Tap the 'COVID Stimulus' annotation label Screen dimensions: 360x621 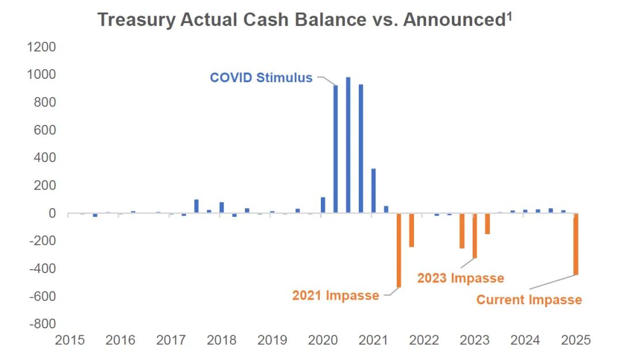point(261,78)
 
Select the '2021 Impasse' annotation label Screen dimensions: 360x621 point(335,296)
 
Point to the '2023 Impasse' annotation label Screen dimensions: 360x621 point(461,278)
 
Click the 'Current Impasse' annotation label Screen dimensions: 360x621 point(529,300)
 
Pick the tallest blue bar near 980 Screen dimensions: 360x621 point(348,145)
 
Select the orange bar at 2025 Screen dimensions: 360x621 point(576,244)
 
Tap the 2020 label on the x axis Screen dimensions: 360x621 point(323,340)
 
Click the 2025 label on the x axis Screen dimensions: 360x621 point(576,340)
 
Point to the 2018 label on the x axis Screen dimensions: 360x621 point(221,340)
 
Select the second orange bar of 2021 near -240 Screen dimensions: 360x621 point(411,230)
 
